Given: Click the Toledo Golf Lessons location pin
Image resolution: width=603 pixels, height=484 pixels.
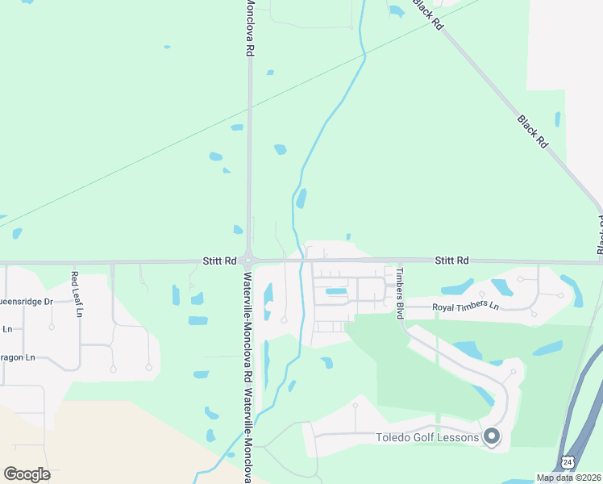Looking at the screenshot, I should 492,436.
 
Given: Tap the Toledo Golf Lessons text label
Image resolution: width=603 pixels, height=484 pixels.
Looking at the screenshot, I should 427,438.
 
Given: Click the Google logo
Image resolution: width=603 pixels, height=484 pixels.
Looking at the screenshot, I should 27,474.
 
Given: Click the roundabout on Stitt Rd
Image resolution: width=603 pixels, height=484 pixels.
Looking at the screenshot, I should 250,261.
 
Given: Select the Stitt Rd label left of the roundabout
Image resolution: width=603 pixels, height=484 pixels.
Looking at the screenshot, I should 219,261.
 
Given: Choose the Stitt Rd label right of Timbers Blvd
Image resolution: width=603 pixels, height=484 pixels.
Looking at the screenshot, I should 451,261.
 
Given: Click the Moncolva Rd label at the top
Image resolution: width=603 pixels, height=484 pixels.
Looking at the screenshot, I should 250,28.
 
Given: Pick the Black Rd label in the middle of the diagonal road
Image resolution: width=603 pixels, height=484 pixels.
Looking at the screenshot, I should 533,131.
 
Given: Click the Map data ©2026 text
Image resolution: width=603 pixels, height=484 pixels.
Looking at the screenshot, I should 568,478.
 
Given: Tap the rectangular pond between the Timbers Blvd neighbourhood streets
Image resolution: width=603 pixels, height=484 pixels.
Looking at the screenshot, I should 335,291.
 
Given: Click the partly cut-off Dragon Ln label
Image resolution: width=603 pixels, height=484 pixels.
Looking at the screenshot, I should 18,357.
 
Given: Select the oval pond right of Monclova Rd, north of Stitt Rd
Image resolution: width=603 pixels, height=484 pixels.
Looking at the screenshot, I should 280,149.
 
